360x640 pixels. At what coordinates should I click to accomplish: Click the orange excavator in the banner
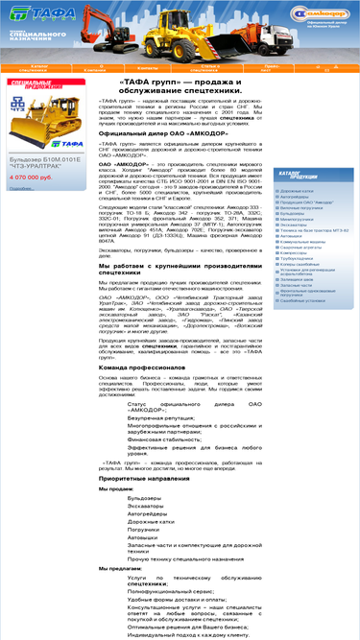[x=155, y=29]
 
